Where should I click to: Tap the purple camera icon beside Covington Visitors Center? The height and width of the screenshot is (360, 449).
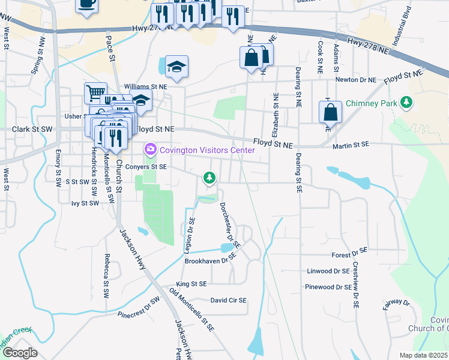click(149, 148)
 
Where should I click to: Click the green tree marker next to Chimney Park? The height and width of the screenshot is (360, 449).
click(407, 103)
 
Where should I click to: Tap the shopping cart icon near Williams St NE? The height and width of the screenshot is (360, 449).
click(95, 93)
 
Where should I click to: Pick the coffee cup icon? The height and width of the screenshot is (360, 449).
click(87, 4)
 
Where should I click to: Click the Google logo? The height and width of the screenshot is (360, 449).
click(20, 353)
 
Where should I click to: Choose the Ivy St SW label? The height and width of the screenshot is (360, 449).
click(85, 203)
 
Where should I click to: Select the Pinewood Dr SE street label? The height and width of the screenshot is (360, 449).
click(328, 287)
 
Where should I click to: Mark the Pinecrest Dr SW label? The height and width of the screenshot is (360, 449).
click(139, 307)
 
